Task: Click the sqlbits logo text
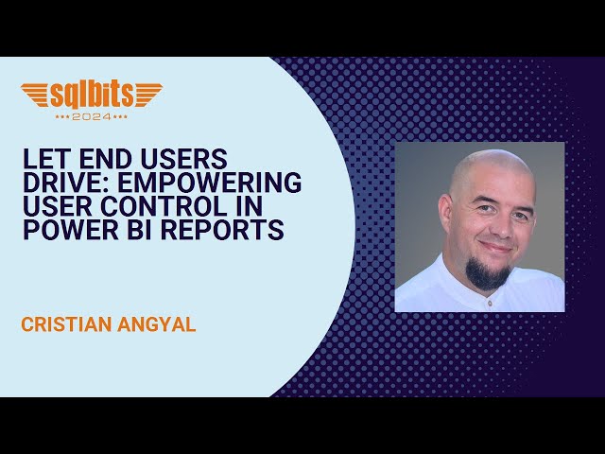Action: [x=92, y=95]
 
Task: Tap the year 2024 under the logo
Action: [x=92, y=116]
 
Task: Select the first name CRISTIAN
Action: [x=66, y=325]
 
